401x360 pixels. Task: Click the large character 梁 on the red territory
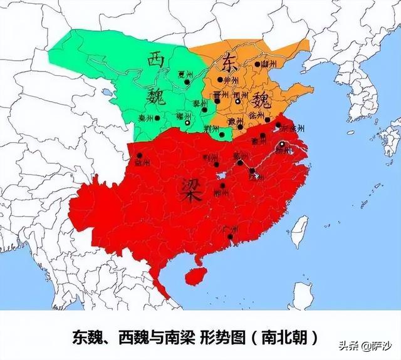coord(192,187)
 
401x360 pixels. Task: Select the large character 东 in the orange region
coord(227,61)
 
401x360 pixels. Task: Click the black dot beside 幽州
coord(257,64)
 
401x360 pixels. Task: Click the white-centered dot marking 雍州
coord(186,123)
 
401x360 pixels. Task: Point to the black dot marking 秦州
coord(158,117)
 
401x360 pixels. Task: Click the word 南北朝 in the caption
coord(291,337)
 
